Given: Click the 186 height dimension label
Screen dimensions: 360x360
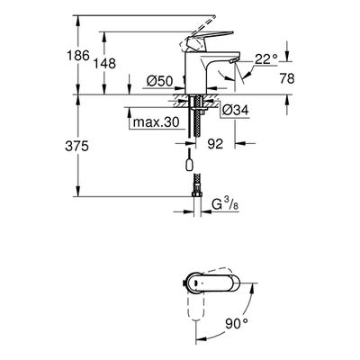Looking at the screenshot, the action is coord(78,56).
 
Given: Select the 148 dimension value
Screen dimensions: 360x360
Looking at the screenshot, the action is coord(104,63).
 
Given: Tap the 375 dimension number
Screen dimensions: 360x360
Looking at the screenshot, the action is coord(76,147).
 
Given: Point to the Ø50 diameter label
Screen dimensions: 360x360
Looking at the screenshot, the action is coord(159,81).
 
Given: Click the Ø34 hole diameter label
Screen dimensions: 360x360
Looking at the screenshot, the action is coord(236,111).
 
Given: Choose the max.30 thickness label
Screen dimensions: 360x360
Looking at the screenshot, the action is coord(156,122).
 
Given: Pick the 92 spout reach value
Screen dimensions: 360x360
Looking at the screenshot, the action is coord(215,144).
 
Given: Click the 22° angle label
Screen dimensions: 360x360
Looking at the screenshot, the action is coord(266,59).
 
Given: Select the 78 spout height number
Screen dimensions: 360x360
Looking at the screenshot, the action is coord(287,78).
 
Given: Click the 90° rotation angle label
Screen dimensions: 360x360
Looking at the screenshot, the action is coord(237,323).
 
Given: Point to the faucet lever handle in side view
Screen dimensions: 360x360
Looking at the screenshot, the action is coord(210,39).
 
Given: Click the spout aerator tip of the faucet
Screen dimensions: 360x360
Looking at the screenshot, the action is coord(233,61).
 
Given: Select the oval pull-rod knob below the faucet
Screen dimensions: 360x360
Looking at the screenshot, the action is coord(190,166).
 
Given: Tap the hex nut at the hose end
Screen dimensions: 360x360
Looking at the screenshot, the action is coord(196,194).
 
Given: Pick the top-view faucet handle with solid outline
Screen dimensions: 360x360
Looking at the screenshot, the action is coord(214,283).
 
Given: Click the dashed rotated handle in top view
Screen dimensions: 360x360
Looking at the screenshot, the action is coord(195,307).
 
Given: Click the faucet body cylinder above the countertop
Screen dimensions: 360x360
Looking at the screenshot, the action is coord(195,73).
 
